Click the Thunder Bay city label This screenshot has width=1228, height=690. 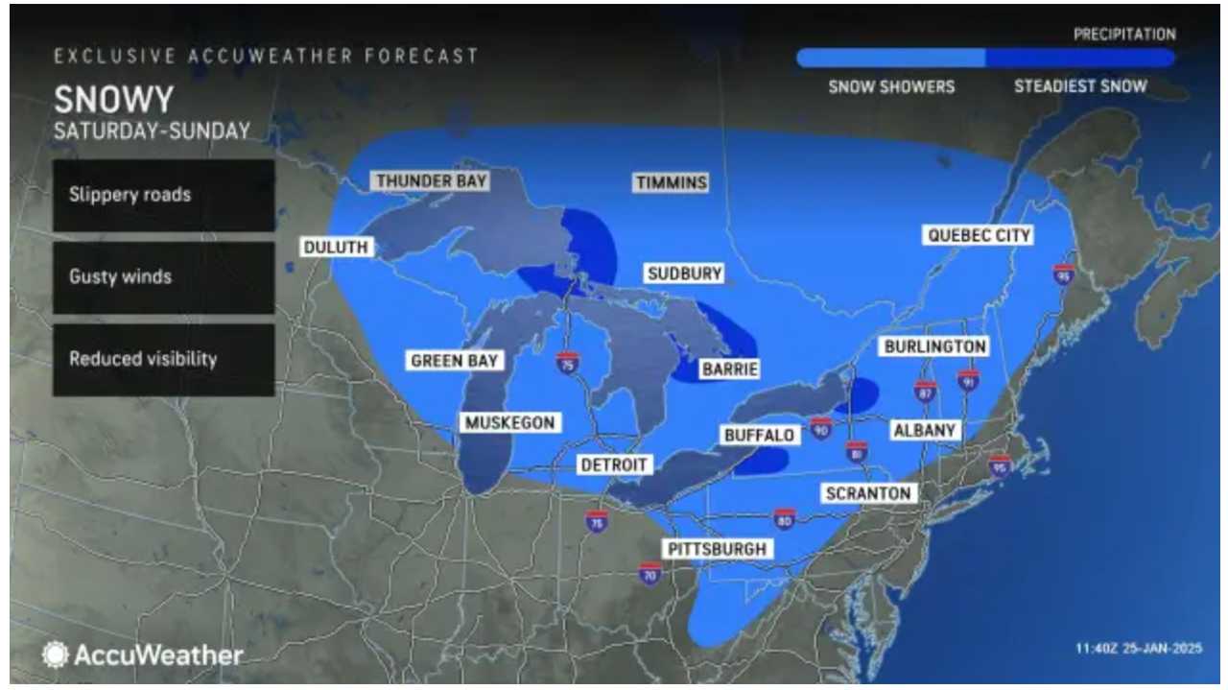coord(432,180)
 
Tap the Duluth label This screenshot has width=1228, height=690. coord(336,247)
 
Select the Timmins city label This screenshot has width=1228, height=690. coord(672,182)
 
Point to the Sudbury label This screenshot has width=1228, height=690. coord(684,274)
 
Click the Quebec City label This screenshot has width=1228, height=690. coord(979,235)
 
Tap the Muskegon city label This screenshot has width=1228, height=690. coord(509,422)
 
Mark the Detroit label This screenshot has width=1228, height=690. coord(615,464)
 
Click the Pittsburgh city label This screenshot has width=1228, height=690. coord(719,549)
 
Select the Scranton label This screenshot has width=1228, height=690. coord(867,493)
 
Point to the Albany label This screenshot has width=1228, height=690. coord(925,431)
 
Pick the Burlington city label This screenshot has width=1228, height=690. coord(935,346)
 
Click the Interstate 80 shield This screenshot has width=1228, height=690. coord(785,519)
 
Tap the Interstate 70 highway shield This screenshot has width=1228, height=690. coord(649,574)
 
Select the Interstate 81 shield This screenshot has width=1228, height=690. coord(857,451)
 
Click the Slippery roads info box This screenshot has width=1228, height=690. coord(164,195)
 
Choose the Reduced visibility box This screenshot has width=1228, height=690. coord(164,359)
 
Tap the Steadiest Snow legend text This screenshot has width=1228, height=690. coord(1080,86)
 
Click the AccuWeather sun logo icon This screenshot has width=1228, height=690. coord(56,655)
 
